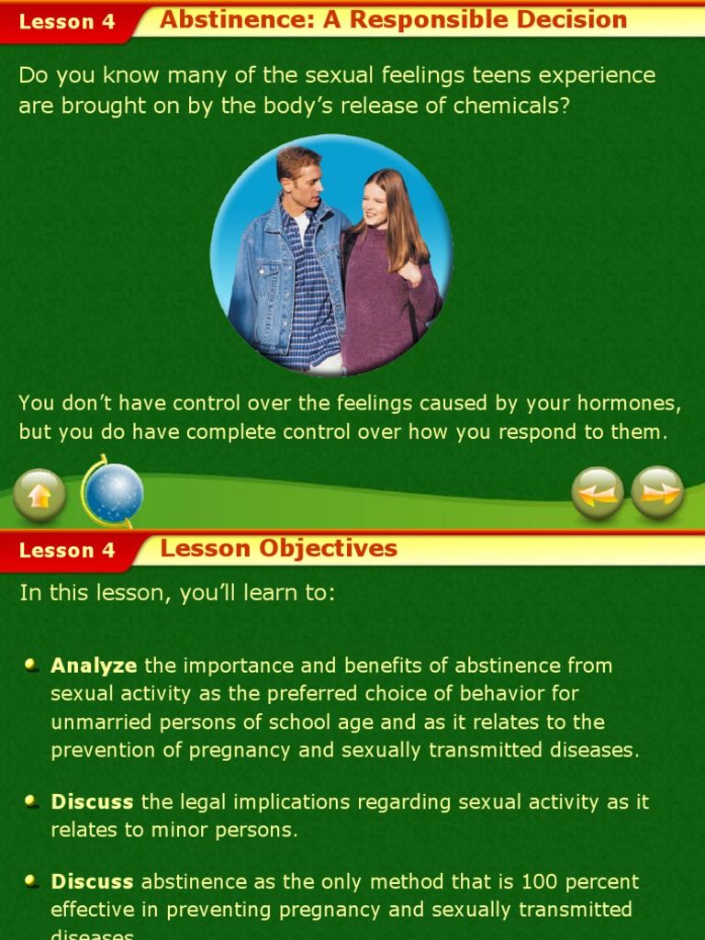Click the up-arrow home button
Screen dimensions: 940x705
point(39,495)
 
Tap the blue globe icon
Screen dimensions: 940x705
point(114,493)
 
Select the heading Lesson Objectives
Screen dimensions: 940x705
point(278,549)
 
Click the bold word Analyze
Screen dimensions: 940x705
point(94,666)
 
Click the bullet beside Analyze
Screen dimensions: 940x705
point(32,664)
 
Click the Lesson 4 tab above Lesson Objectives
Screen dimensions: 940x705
point(67,551)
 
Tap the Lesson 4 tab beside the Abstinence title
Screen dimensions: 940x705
point(67,22)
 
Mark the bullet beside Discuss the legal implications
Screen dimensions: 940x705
point(32,800)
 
